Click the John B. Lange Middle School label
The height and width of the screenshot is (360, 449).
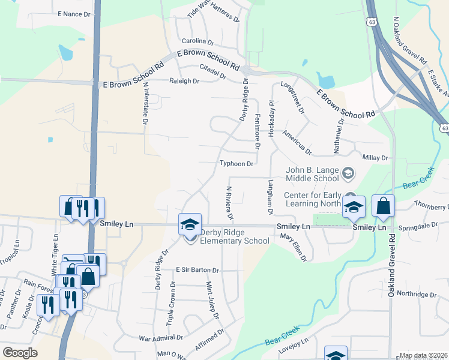tap(313, 174)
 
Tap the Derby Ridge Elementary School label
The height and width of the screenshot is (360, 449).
tap(234, 236)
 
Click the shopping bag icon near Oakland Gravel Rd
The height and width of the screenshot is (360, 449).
tap(383, 206)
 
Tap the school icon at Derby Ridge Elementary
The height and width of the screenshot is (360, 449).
tap(190, 225)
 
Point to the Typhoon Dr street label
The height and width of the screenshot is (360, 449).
tap(237, 163)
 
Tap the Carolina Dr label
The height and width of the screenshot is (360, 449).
tap(198, 42)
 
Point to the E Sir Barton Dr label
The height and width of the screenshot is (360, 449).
tap(197, 271)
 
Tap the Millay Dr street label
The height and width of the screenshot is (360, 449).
tap(376, 157)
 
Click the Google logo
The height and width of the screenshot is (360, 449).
tap(20, 353)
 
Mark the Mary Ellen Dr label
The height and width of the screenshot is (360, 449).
tap(294, 248)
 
